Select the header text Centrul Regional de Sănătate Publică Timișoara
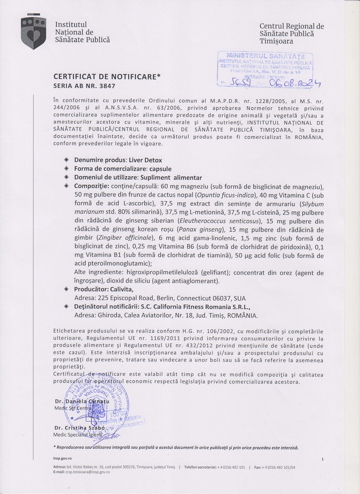pyautogui.click(x=291, y=34)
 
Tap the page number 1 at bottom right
pyautogui.click(x=322, y=459)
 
